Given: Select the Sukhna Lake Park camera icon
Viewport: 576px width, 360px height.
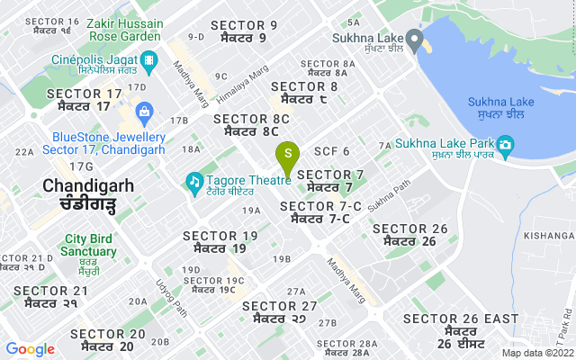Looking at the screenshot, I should coord(505,144).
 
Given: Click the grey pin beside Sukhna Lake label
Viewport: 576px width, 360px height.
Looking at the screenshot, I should coord(414,40).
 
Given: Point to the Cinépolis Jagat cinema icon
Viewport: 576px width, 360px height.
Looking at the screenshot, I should coord(150,62).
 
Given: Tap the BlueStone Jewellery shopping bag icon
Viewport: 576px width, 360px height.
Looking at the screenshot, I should coord(144,111).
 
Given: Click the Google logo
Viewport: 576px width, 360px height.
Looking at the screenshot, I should coord(31,349).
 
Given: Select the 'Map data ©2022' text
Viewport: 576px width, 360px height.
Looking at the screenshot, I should coord(535,353).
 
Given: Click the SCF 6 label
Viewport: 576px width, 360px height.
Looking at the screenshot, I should coord(331,150).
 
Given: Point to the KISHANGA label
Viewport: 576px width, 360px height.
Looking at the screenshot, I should coord(549,235).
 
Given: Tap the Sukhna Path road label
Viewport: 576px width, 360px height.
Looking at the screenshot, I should coord(388,192).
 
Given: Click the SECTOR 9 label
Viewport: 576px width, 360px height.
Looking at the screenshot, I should coord(243,31).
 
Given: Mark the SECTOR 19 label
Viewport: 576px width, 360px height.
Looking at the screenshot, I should coord(220,241).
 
